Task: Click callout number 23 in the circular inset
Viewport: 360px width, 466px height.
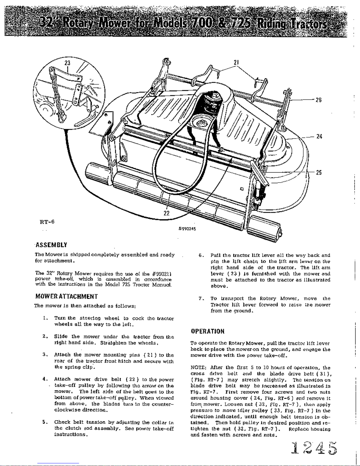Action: click(68, 63)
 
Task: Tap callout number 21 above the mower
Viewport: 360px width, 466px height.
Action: click(236, 63)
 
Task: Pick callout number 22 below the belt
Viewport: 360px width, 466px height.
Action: click(166, 213)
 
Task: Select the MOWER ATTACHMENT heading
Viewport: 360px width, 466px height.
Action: click(66, 296)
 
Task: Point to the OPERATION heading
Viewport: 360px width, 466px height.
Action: click(207, 331)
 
